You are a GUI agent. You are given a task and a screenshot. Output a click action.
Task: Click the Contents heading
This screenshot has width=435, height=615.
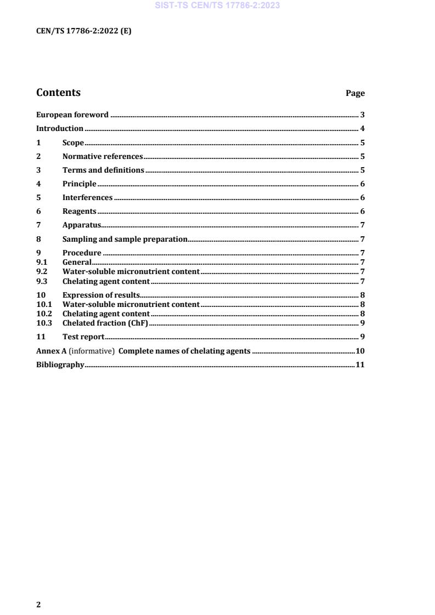click(x=58, y=93)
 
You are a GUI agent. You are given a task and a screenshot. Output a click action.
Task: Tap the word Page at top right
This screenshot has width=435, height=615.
click(x=355, y=93)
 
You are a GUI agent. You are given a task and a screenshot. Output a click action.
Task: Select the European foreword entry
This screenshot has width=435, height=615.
click(x=72, y=115)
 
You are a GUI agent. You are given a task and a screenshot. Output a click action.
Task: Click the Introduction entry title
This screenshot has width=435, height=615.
click(x=60, y=129)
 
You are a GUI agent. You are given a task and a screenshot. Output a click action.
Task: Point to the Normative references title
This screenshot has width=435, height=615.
click(x=103, y=156)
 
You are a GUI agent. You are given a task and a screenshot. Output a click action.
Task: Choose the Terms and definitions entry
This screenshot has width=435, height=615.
click(x=103, y=170)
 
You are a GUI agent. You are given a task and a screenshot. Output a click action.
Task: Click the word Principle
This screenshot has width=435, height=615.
click(x=80, y=184)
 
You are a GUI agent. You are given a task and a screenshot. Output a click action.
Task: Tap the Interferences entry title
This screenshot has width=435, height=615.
click(x=88, y=197)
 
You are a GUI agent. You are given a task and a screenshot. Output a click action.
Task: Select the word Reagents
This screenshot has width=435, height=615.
click(x=80, y=211)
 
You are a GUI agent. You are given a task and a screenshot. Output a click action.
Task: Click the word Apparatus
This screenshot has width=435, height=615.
click(x=82, y=225)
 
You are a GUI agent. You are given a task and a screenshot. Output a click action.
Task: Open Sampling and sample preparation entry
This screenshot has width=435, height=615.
click(x=125, y=239)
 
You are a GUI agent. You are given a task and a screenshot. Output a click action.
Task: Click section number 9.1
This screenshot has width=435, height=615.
click(x=42, y=262)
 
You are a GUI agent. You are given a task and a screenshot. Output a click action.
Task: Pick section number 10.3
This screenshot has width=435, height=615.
click(x=44, y=323)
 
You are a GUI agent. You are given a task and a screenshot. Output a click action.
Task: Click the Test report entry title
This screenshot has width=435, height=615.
click(x=83, y=337)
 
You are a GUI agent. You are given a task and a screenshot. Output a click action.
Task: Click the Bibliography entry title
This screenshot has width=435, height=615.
click(x=60, y=365)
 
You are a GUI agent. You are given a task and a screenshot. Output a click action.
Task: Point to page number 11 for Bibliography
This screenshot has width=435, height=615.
click(x=360, y=365)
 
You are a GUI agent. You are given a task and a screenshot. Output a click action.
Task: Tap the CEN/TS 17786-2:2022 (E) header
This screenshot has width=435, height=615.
click(x=83, y=31)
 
